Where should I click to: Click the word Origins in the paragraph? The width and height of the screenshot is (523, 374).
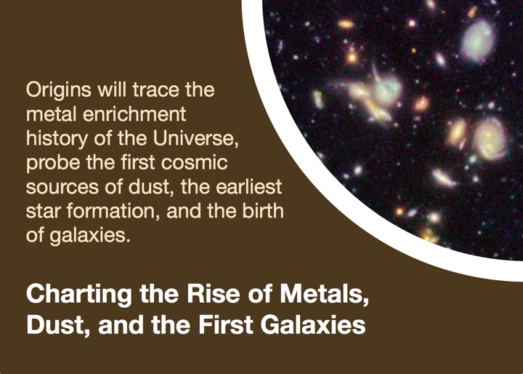(x=58, y=91)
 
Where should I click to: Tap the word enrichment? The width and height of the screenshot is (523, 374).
(x=134, y=114)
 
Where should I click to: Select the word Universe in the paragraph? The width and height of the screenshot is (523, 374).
(x=196, y=139)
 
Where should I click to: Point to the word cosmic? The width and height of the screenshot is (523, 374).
(x=194, y=163)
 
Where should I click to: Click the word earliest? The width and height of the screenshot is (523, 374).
(x=249, y=187)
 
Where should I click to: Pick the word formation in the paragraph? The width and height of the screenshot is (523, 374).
(x=113, y=212)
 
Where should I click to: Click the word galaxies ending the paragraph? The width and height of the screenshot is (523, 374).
(x=90, y=236)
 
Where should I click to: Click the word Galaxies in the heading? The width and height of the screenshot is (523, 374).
(x=313, y=325)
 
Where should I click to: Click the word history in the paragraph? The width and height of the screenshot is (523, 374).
(x=57, y=140)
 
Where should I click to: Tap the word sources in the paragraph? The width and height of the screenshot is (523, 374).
(x=62, y=188)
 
